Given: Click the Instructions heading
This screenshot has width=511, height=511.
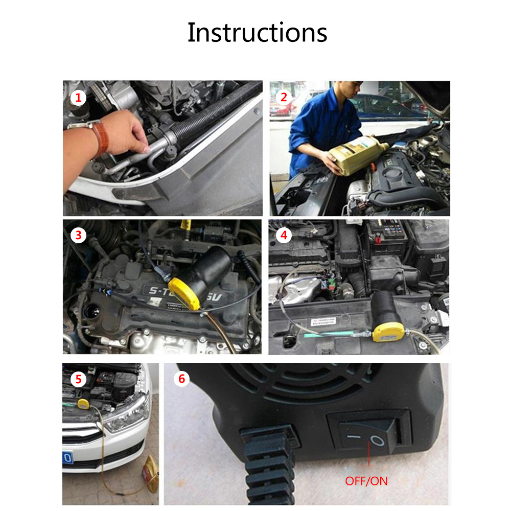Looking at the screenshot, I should [x=257, y=32].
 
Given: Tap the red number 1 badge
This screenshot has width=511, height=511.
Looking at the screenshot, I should [x=78, y=97].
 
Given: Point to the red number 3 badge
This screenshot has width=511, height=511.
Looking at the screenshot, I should [x=78, y=235].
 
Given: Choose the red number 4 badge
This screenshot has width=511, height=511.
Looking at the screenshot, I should [x=284, y=236].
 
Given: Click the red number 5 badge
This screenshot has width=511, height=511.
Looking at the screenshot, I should [x=78, y=379].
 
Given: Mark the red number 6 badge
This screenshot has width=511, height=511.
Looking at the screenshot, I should [x=182, y=379].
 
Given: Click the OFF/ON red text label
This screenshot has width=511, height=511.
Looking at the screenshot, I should [x=366, y=481].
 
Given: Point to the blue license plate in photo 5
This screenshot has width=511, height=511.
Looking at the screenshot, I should [x=67, y=458].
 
